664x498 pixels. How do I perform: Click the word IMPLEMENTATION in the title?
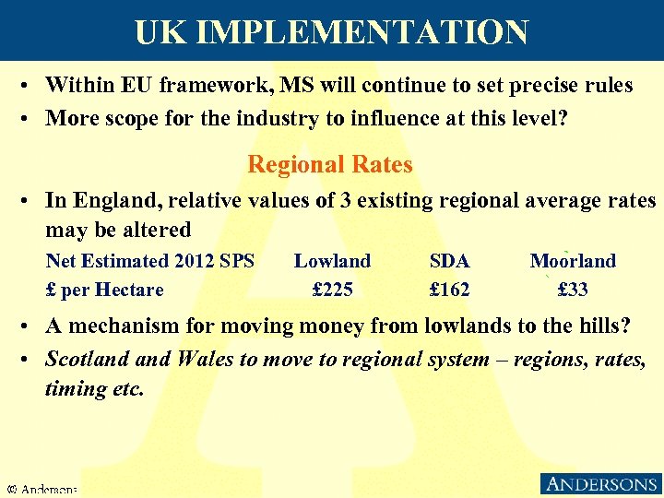(x=362, y=33)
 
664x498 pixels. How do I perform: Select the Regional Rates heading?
(x=330, y=165)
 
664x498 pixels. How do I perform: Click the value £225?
(x=333, y=290)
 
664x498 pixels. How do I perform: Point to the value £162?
(x=450, y=290)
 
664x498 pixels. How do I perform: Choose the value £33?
(x=573, y=290)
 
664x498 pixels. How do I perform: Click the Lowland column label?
(x=332, y=261)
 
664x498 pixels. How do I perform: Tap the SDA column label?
(x=450, y=261)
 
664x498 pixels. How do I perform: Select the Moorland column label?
(x=573, y=261)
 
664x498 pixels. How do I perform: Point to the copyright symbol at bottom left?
(x=12, y=488)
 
